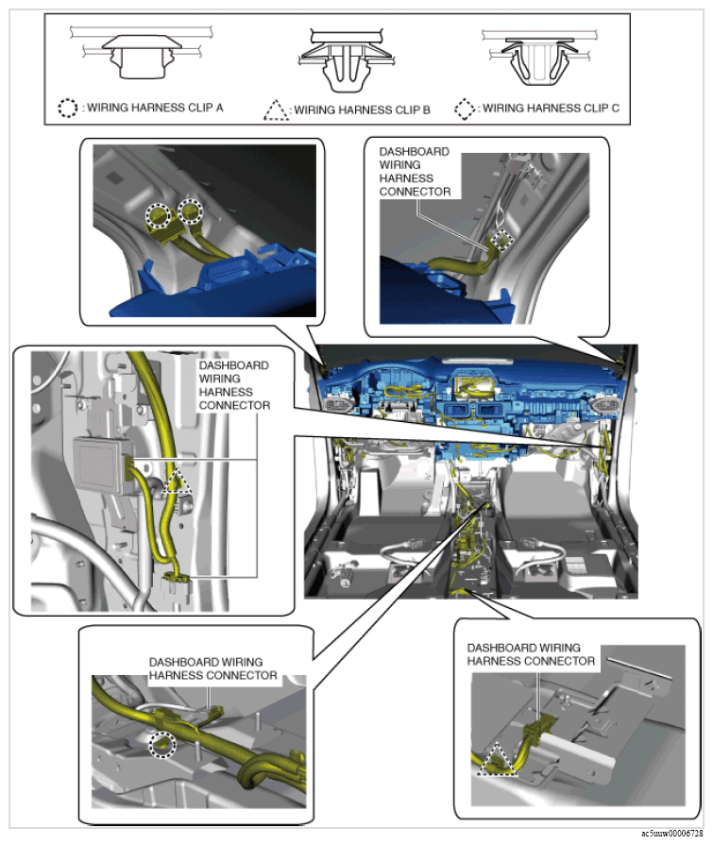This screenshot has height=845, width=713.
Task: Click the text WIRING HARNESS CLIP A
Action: coord(155,108)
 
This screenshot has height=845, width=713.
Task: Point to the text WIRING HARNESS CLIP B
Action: coord(362,110)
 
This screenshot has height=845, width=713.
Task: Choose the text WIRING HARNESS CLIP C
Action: coord(551,109)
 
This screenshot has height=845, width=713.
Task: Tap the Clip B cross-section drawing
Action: coord(347,59)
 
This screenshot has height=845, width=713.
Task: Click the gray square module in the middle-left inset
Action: coord(101,465)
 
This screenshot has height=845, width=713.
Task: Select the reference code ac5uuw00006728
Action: coord(672,834)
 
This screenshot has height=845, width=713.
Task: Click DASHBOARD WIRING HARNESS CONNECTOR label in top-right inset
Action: coord(415,172)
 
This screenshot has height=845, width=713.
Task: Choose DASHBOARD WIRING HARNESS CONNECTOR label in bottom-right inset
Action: coord(531,654)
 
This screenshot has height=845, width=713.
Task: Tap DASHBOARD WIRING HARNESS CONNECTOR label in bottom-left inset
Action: coord(212,668)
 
